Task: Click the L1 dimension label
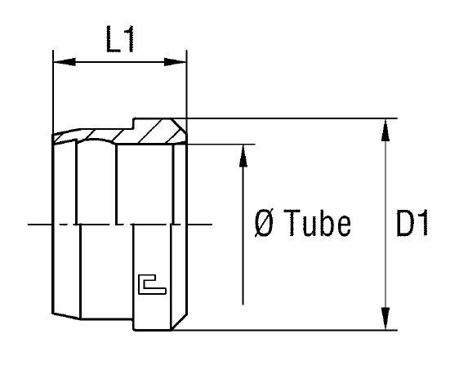(x=120, y=41)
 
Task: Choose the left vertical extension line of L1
(x=53, y=90)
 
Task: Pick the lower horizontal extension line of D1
(x=286, y=331)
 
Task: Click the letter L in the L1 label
(x=113, y=41)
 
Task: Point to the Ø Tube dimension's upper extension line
(x=221, y=145)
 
